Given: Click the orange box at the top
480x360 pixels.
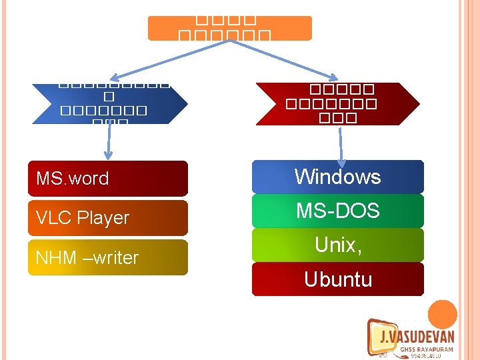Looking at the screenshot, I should point(229,29).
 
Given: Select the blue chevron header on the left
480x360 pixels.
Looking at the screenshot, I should point(110,104).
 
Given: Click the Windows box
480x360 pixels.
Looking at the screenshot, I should point(338,177).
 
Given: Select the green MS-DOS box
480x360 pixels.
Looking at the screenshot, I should point(338,211).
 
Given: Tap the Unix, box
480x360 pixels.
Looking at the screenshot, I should point(338,245).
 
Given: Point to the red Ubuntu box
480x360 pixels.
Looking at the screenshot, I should point(338,279).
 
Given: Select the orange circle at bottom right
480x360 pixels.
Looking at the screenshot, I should point(442,314).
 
